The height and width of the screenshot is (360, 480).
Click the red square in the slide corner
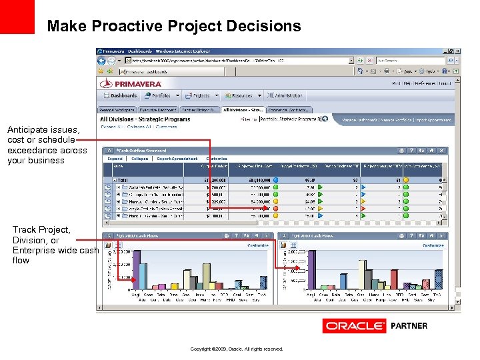click(17, 17)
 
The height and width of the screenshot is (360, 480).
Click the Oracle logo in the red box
click(354, 326)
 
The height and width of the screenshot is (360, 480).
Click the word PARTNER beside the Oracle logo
click(408, 326)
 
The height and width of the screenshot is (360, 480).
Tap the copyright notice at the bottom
click(237, 349)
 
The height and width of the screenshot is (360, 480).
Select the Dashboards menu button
click(120, 96)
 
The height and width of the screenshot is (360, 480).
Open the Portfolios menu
click(161, 96)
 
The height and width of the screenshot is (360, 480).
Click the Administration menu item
click(288, 96)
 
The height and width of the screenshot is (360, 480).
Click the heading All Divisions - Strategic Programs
click(144, 119)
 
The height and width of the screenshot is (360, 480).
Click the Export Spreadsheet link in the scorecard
click(178, 159)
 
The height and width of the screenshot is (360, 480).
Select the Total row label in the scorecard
click(124, 179)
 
